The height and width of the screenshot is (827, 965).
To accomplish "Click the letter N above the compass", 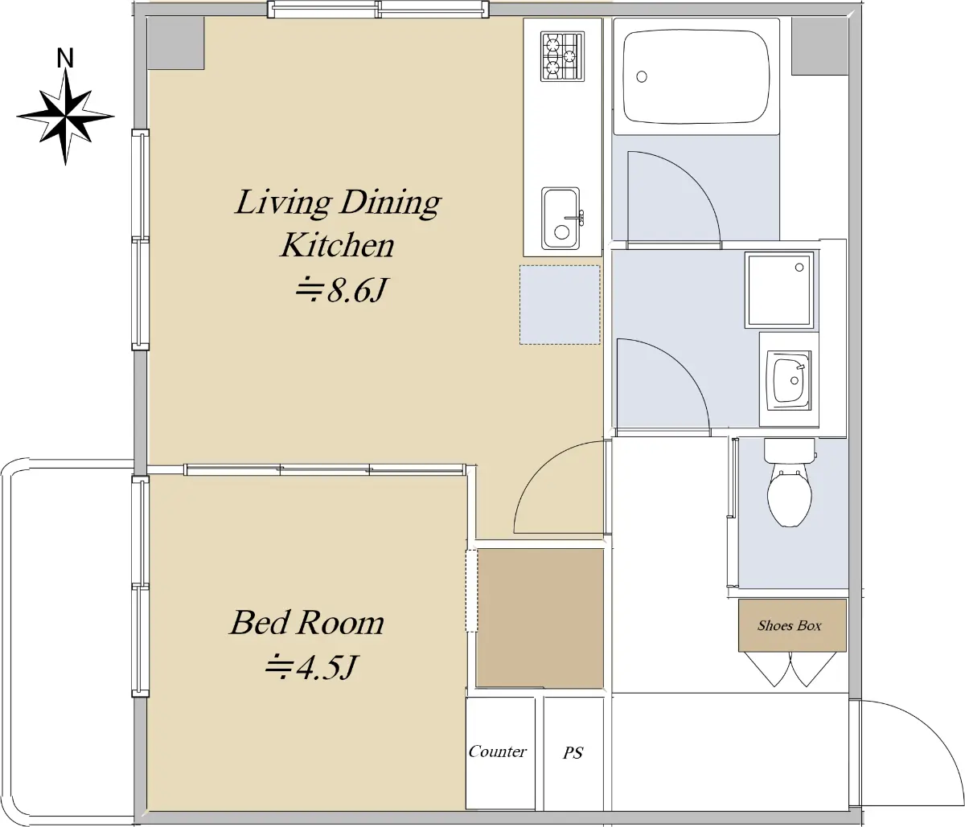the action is (x=65, y=59).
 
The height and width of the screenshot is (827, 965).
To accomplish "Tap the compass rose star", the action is (x=65, y=117).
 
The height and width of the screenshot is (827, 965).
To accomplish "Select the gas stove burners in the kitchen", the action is (x=563, y=56).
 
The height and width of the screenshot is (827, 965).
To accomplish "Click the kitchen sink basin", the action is (x=561, y=219).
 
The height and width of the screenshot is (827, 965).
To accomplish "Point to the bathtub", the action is (x=696, y=77).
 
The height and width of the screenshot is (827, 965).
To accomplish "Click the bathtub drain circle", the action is (x=642, y=76).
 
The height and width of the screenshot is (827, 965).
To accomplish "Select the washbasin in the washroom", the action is (x=790, y=380).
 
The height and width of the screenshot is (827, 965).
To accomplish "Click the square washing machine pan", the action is (x=779, y=290).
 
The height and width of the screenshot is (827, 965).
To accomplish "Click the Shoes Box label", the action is (x=789, y=625).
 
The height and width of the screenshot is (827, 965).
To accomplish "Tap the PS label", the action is (x=573, y=752).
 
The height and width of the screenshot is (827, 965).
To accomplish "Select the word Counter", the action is (x=497, y=751).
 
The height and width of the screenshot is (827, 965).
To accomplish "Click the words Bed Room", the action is (x=306, y=623).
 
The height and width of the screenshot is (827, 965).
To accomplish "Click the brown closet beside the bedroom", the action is (x=540, y=618).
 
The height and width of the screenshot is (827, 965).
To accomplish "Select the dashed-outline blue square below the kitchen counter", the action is (x=560, y=305).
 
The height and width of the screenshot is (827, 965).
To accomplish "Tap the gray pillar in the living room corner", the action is (x=176, y=44).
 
